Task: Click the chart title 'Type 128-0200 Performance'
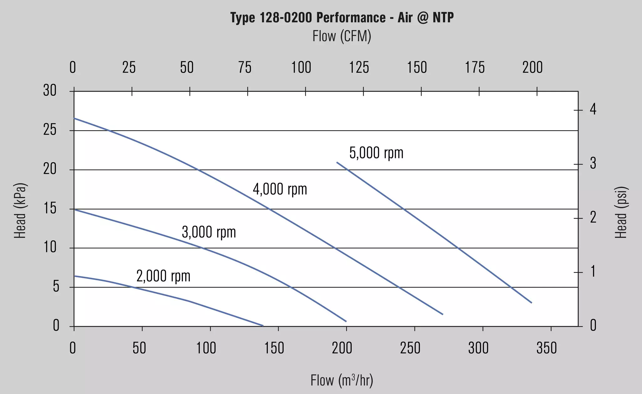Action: [x=308, y=18]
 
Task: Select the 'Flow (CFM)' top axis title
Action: [x=342, y=36]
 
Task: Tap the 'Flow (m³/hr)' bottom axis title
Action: [x=342, y=381]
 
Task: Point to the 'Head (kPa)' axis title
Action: [x=20, y=211]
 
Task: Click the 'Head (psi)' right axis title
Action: [x=621, y=212]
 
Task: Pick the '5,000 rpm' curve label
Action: [x=376, y=153]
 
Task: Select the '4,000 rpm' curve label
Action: [x=280, y=189]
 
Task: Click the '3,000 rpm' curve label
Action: [x=209, y=232]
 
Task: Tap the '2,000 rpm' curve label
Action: [x=163, y=276]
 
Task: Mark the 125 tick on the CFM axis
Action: [x=359, y=68]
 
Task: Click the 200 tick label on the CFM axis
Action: [x=532, y=68]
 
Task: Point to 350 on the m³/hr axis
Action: [x=547, y=348]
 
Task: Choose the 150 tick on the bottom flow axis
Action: [x=274, y=348]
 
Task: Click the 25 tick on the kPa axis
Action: [x=50, y=130]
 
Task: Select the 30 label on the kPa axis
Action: [x=50, y=91]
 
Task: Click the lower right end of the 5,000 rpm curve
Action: [x=532, y=303]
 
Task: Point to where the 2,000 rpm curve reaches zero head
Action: [x=263, y=326]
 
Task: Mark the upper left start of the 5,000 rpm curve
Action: [x=337, y=162]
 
